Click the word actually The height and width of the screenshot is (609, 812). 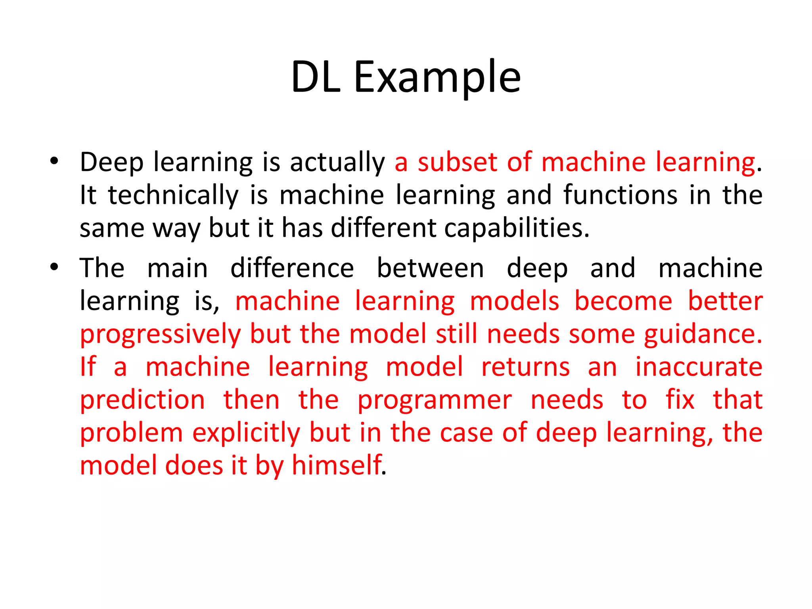[x=337, y=163]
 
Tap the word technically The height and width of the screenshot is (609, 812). [x=173, y=195]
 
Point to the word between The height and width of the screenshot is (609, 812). [x=430, y=268]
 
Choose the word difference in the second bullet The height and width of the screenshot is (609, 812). [x=292, y=268]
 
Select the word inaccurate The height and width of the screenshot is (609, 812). [x=699, y=367]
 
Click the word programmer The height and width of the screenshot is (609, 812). [x=435, y=400]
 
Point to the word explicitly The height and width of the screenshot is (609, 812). [x=246, y=433]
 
